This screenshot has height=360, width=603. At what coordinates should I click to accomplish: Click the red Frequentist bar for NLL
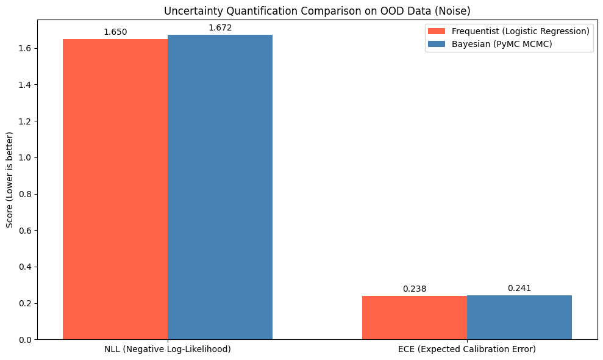(x=115, y=189)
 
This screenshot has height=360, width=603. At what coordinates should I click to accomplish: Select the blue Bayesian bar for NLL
(x=220, y=187)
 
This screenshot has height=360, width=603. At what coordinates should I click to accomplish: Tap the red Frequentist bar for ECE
(x=414, y=317)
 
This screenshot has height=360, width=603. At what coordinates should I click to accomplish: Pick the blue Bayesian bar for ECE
(x=519, y=317)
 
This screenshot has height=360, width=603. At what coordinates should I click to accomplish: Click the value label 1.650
(x=115, y=32)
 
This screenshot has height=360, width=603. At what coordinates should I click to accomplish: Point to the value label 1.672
(x=220, y=27)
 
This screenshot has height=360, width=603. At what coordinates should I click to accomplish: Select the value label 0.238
(x=414, y=289)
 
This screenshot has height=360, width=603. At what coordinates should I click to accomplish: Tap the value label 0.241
(x=519, y=288)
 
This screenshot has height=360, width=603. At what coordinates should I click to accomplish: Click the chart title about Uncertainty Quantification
(x=317, y=10)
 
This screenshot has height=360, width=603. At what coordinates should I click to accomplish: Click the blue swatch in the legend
(x=437, y=44)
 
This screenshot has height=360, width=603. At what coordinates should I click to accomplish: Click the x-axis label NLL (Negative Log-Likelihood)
(x=168, y=350)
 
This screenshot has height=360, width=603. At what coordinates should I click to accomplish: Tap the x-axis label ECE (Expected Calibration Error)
(x=466, y=350)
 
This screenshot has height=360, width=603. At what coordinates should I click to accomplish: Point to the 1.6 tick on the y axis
(x=26, y=48)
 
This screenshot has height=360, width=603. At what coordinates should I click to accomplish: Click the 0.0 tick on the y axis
(x=26, y=339)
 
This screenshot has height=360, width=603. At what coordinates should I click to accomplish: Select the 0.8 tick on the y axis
(x=26, y=194)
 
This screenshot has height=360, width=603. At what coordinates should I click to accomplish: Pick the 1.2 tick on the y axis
(x=26, y=121)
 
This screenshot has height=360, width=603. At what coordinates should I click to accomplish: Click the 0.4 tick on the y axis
(x=26, y=267)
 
